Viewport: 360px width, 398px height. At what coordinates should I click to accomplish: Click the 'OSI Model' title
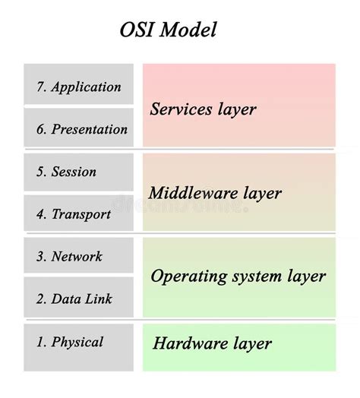168,30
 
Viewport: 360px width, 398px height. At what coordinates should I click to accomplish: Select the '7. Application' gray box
78,87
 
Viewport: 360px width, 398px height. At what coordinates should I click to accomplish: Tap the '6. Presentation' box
78,129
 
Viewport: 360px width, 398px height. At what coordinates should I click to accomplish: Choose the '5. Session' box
78,172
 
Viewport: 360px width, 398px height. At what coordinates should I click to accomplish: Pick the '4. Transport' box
78,214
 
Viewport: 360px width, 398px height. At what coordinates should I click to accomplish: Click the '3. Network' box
78,257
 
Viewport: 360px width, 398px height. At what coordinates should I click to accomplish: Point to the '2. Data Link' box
78,298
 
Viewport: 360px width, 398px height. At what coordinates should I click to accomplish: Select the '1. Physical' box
78,343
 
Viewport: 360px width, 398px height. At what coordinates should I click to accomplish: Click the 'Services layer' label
203,109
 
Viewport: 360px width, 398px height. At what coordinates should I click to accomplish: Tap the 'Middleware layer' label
214,193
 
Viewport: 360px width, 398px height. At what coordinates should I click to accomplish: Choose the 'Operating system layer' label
238,276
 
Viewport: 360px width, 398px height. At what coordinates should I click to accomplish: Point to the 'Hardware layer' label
212,343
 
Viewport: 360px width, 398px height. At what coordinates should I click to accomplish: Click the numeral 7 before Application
40,87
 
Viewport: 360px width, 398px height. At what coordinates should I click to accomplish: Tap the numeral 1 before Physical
40,343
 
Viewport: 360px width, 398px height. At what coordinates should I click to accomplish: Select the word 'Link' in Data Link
97,298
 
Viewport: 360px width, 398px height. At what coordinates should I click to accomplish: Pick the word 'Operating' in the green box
184,276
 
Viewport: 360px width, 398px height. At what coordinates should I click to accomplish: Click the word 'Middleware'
190,193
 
